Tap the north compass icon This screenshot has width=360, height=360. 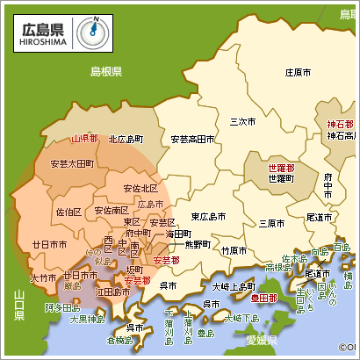90,32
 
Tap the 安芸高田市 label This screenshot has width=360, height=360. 192,139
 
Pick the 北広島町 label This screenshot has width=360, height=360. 126,139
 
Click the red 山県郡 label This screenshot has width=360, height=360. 85,139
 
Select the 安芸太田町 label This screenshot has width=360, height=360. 72,164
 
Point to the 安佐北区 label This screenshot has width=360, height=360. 140,188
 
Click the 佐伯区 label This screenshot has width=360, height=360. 68,212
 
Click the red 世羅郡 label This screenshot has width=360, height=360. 281,167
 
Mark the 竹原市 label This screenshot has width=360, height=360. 234,249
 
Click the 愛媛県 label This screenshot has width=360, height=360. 262,340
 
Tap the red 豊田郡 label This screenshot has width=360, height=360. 262,299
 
